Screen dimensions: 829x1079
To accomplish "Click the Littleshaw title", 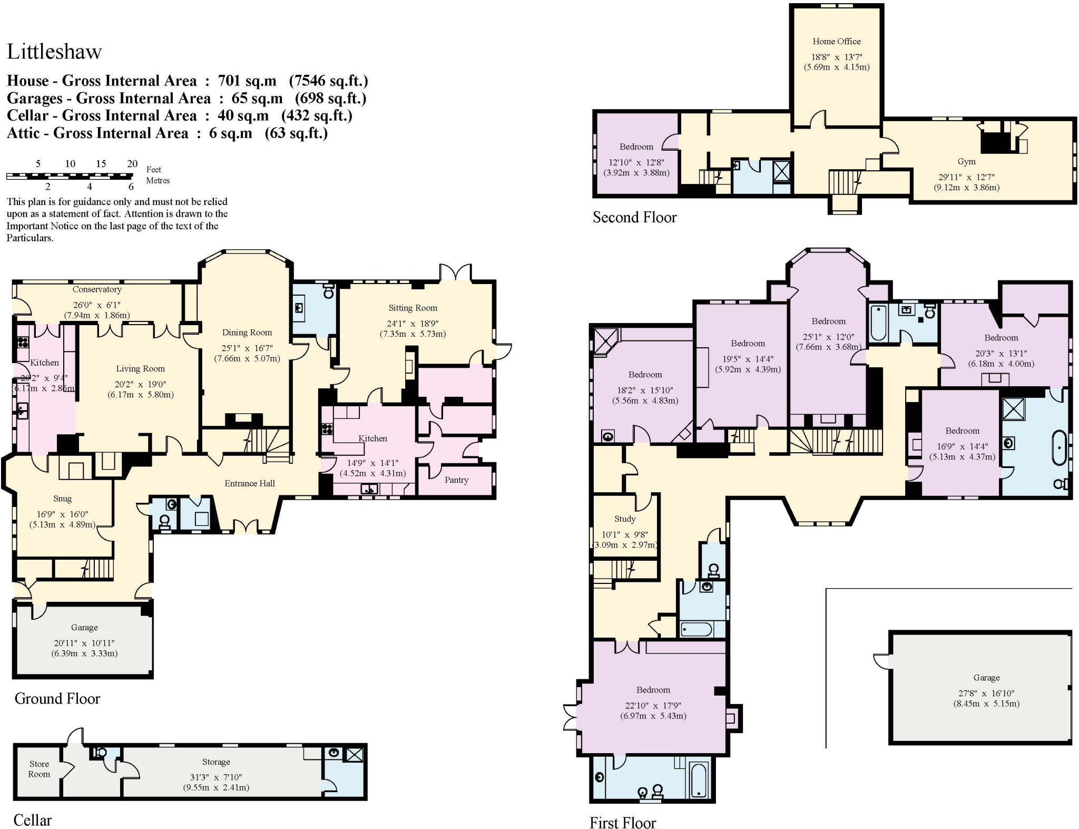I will click(54, 52).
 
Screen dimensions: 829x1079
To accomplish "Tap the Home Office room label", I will click(836, 41).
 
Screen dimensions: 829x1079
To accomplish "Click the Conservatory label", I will click(97, 289).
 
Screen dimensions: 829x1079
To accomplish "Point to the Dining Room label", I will click(247, 333).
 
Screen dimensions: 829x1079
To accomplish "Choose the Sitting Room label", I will click(413, 308).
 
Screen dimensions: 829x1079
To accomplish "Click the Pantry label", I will click(456, 480).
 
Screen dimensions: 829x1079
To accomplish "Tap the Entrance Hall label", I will click(250, 483).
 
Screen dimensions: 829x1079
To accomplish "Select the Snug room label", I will click(62, 499).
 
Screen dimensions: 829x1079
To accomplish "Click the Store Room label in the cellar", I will click(39, 769).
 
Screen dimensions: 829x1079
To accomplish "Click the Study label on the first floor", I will click(625, 519).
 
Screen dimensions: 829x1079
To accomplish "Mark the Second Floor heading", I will click(634, 217).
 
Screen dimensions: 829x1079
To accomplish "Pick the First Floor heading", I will click(622, 823).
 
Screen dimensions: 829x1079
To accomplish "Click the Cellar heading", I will click(33, 820).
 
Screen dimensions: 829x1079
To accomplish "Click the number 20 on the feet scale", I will click(132, 164).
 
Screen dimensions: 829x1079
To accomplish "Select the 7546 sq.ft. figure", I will click(328, 81).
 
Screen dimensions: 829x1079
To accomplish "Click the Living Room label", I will click(140, 369).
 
